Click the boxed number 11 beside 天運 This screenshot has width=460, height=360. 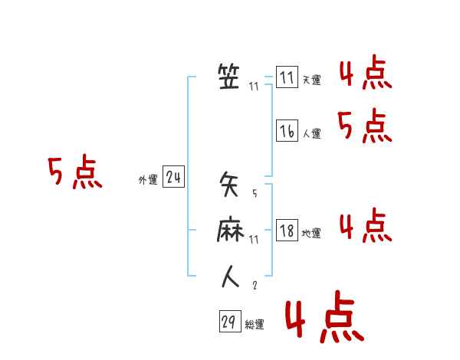(x=287, y=78)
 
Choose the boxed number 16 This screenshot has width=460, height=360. (x=287, y=132)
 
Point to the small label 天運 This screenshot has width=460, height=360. (x=311, y=80)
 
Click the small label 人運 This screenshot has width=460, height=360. (x=311, y=133)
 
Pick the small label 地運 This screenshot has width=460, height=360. (x=311, y=233)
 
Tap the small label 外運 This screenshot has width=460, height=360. (x=148, y=180)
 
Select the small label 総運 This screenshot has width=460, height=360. (x=255, y=325)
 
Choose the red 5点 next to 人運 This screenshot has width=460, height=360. (x=365, y=126)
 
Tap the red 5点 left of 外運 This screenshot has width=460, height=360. (x=74, y=172)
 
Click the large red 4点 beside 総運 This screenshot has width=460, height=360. (x=324, y=319)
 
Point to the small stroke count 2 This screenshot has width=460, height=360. (x=255, y=285)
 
